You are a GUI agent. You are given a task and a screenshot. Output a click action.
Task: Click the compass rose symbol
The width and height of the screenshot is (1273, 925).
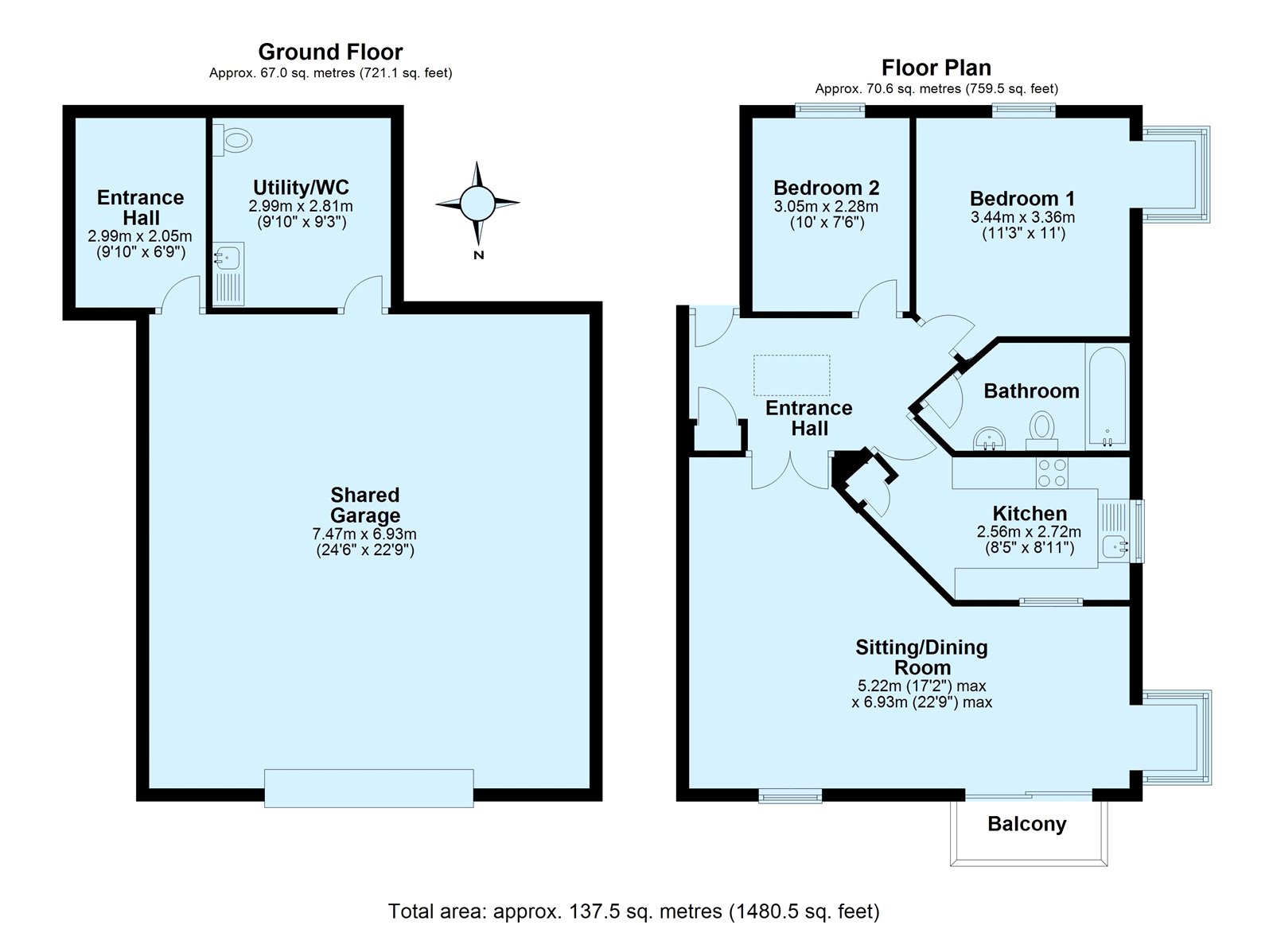(x=477, y=203)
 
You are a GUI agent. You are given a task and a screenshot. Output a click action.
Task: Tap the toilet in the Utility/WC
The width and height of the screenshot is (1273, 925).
(x=232, y=139)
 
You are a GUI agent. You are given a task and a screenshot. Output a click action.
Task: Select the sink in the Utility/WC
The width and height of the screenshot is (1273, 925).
(x=228, y=274)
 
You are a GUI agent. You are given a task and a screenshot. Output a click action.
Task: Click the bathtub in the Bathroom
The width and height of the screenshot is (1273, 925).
(x=1107, y=396)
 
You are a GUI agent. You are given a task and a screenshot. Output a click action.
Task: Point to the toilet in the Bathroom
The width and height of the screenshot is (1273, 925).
(x=1041, y=431)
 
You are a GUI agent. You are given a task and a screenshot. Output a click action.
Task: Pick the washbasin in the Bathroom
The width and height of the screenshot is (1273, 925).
(x=990, y=439)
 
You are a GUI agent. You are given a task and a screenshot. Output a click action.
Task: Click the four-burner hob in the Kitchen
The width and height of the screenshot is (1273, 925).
(x=1051, y=472)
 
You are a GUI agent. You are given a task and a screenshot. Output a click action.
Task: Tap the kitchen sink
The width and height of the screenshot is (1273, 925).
(x=1114, y=531)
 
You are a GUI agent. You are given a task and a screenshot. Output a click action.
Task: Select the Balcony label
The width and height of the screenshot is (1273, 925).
(x=1027, y=825)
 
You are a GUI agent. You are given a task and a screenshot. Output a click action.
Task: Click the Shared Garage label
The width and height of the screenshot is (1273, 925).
(x=365, y=505)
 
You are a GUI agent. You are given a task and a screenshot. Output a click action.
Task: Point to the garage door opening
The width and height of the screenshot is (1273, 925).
(x=369, y=788)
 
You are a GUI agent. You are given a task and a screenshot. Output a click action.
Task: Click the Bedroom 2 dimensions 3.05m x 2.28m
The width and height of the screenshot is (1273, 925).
(x=826, y=206)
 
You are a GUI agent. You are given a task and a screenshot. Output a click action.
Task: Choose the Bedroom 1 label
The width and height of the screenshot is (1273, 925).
(x=1022, y=198)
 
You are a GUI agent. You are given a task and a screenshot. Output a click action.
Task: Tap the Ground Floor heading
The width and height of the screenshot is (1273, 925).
(x=330, y=52)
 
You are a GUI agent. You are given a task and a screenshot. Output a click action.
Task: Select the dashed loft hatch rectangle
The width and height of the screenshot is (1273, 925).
(x=792, y=375)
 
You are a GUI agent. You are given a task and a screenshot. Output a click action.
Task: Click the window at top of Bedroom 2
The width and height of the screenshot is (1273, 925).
(x=830, y=111)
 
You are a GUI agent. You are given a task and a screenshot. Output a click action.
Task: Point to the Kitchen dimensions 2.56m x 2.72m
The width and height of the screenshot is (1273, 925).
(x=1029, y=532)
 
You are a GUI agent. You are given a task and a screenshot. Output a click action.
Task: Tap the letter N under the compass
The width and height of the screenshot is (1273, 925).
(x=478, y=255)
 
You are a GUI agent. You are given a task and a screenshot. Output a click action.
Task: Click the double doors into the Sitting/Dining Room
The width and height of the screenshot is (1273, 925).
(x=790, y=471)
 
